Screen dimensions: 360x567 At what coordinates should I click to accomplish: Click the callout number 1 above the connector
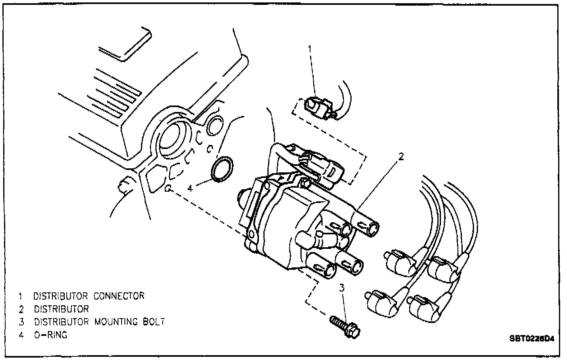pos(310,49)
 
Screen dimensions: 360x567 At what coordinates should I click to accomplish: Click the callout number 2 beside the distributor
pos(401,157)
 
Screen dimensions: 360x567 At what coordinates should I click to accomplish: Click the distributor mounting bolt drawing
pos(345,325)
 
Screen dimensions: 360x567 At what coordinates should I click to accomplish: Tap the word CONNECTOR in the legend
pos(119,296)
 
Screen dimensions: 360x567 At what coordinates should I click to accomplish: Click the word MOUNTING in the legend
pos(119,322)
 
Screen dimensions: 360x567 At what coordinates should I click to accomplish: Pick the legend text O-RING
pos(50,335)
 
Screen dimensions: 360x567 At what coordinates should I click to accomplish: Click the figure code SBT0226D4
pos(531,339)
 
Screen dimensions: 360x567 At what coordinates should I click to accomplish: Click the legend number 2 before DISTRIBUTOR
pos(21,309)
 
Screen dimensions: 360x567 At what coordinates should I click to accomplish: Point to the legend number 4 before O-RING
pos(21,335)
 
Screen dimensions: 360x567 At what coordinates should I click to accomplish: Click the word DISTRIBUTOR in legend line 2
pos(61,309)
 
